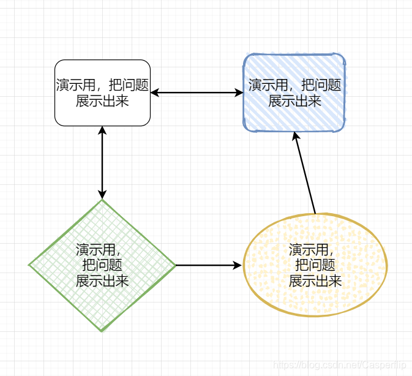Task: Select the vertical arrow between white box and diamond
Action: (x=102, y=162)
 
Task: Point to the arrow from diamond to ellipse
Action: (x=208, y=265)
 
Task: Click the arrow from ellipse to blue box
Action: (x=305, y=175)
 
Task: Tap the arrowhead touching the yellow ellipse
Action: (x=238, y=265)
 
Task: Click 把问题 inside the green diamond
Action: (x=102, y=265)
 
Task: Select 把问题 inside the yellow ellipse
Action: (x=315, y=265)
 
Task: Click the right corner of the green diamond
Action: (x=174, y=265)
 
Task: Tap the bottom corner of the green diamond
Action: (x=102, y=331)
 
